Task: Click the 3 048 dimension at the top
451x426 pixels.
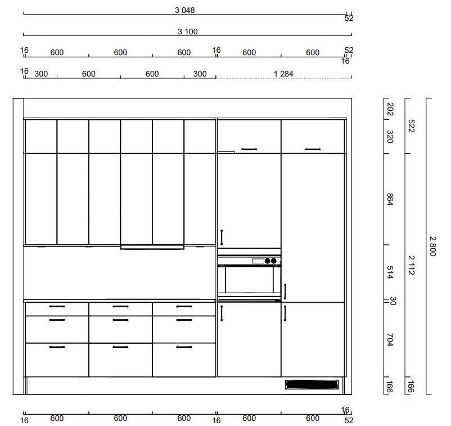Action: coord(185,10)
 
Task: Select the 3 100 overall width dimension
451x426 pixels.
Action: coord(187,32)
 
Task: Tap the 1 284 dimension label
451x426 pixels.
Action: coord(283,74)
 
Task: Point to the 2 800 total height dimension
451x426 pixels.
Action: coord(432,246)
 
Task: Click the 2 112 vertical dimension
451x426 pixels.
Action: coord(412,265)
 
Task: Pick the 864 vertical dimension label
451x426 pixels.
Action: coord(390,199)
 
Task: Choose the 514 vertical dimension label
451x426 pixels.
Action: coord(390,272)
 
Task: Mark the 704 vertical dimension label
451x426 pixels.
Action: coord(390,340)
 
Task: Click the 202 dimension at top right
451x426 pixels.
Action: coord(390,109)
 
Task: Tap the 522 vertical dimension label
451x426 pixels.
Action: coord(412,126)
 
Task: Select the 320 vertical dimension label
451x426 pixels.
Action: coord(390,136)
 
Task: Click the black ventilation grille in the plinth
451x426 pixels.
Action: coord(312,384)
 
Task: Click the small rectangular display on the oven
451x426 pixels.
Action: coord(258,261)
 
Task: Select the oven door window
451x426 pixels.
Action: coord(249,280)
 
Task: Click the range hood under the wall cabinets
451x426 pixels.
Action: coord(152,247)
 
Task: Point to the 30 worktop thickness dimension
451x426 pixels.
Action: coord(393,301)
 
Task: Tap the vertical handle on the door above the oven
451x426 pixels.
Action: coord(222,237)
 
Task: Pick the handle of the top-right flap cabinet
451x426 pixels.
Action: coord(313,149)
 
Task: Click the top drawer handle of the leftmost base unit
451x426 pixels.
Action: coord(57,306)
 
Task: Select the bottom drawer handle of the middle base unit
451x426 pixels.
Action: coord(120,347)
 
